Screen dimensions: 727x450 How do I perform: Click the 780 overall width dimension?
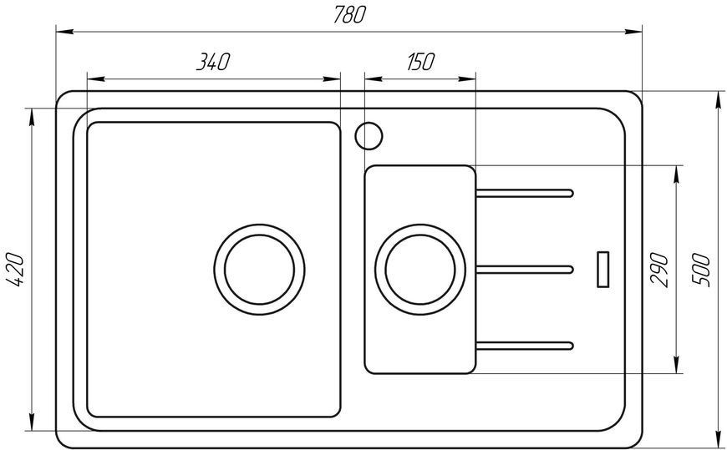(x=349, y=15)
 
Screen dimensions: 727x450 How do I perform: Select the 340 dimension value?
(x=213, y=62)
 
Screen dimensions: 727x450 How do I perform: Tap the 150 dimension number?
(x=420, y=62)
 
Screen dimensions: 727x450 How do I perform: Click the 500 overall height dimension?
(x=701, y=271)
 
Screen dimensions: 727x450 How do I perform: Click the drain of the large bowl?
(x=259, y=270)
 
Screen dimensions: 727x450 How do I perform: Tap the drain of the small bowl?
(x=420, y=270)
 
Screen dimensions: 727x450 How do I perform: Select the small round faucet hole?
(x=369, y=136)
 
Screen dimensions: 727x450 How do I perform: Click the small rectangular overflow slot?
(x=602, y=270)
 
